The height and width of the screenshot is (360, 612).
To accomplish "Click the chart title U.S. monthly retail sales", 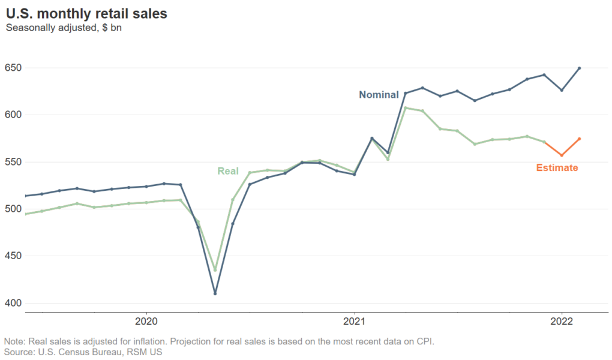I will click(86, 13).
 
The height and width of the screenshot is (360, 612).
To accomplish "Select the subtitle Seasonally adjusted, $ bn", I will click(64, 28).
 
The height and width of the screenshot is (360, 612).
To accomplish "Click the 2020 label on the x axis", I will click(147, 319).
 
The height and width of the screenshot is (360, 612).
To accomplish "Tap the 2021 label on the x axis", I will click(355, 319).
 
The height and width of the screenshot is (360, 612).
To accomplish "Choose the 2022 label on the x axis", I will click(562, 319).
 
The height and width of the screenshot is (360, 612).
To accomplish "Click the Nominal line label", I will click(379, 95).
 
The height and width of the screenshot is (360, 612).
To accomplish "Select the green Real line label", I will click(228, 172).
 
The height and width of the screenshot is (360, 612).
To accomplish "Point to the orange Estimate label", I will click(557, 168).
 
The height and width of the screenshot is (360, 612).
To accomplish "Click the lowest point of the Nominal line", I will click(215, 293).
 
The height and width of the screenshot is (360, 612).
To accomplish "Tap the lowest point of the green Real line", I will click(215, 270).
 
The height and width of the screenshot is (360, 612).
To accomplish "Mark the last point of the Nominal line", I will click(579, 68).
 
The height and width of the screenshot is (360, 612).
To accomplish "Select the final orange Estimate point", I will click(579, 139).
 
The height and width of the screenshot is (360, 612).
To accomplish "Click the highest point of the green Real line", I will click(406, 108).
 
